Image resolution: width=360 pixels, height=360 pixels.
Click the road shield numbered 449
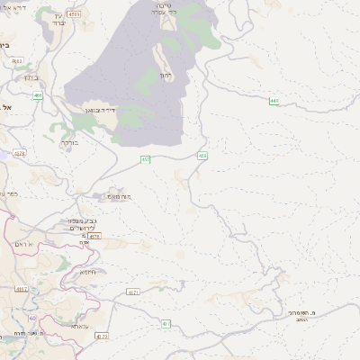pyautogui.click(x=273, y=101)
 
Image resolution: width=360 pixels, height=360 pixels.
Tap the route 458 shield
pyautogui.click(x=202, y=156)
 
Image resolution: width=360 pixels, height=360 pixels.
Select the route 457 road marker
pyautogui.click(x=145, y=159)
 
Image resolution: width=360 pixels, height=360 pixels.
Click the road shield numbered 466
pyautogui.click(x=38, y=94)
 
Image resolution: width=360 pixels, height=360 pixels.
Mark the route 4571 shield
pyautogui.click(x=133, y=292)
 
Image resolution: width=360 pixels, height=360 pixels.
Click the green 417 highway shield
pyautogui.click(x=165, y=323)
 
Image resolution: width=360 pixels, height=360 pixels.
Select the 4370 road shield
pyautogui.click(x=101, y=337)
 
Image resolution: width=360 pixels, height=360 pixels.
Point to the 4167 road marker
pyautogui.click(x=21, y=289)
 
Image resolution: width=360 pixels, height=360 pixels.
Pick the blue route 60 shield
pyautogui.click(x=32, y=317)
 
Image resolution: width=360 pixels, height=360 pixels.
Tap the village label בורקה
pyautogui.click(x=69, y=142)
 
